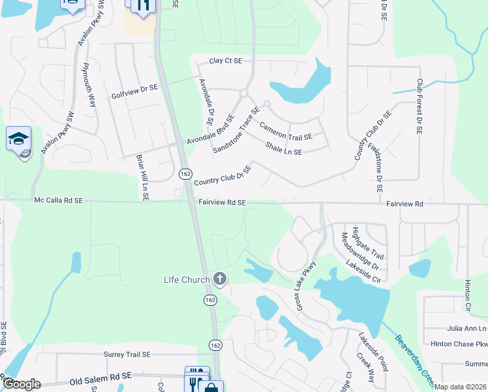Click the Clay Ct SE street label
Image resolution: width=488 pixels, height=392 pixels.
click(x=226, y=61)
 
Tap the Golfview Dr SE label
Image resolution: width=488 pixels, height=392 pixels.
click(x=135, y=88)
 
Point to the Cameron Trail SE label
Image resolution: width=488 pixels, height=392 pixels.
click(x=286, y=130)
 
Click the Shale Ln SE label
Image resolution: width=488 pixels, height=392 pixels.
click(x=283, y=149)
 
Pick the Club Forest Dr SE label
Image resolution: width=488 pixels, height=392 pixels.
click(x=419, y=108)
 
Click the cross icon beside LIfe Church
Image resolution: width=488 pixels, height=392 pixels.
click(x=220, y=280)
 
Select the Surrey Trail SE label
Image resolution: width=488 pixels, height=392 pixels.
click(x=127, y=354)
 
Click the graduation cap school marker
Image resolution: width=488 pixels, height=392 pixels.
click(x=19, y=139)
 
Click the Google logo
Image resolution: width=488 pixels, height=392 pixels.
click(x=21, y=384)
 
